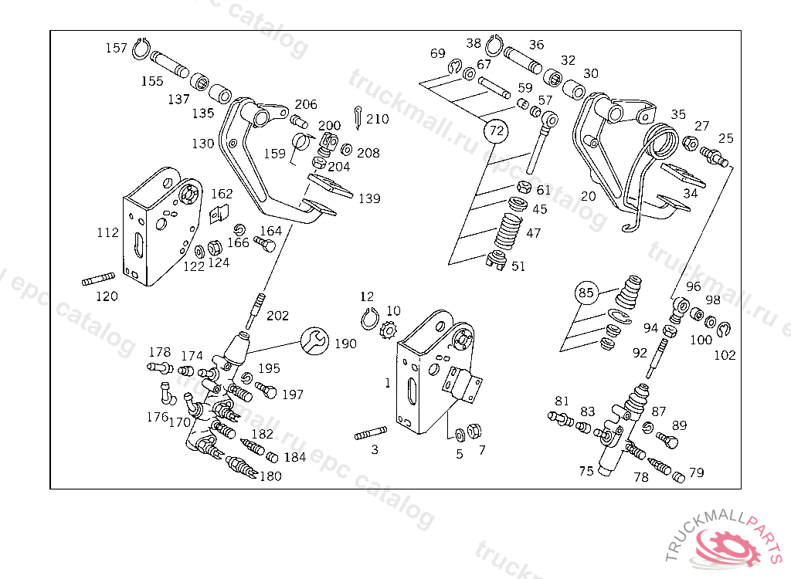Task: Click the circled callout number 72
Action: pos(497,131)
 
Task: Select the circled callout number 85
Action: pos(586,293)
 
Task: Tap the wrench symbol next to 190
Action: pos(315,340)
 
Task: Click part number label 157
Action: pos(116,48)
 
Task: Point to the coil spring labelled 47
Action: pos(508,231)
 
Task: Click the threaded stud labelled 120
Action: pos(98,279)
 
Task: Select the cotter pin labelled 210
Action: pos(358,117)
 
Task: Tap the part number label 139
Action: pos(369,198)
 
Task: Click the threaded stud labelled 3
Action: pos(372,433)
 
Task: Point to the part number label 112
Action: pos(107,232)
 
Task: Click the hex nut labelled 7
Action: pos(474,431)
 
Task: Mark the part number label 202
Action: pos(277,316)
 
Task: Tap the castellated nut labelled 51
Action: pos(497,259)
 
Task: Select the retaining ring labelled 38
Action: pos(494,46)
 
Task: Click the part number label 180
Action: pos(270,476)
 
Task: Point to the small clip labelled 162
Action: pos(219,214)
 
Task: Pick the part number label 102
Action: pos(725,356)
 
